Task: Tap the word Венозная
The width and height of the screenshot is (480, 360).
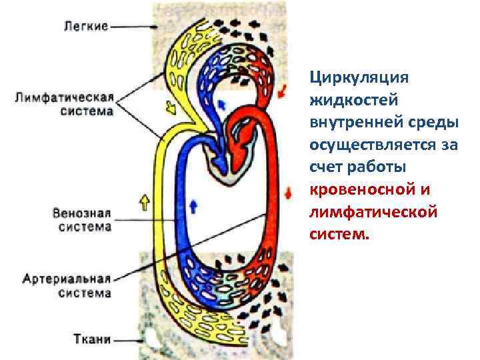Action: (x=82, y=214)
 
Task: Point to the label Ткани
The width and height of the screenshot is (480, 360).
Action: (x=89, y=339)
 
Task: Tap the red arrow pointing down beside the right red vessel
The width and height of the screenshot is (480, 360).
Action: (x=288, y=193)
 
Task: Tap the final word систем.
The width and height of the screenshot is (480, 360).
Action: (x=338, y=235)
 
